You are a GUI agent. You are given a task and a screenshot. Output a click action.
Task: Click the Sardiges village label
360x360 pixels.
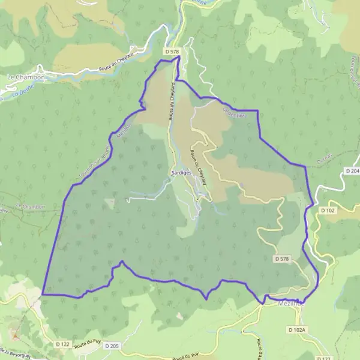click(181, 172)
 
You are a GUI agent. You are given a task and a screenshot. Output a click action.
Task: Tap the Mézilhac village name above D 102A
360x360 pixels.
click(293, 304)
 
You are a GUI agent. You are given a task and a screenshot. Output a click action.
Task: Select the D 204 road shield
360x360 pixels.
click(352, 172)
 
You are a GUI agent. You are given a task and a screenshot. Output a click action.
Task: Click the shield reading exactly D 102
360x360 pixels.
click(327, 211)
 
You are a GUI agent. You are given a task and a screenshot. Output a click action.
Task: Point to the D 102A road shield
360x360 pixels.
click(296, 330)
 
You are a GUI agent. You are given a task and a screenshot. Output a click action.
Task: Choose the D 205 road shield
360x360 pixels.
click(112, 346)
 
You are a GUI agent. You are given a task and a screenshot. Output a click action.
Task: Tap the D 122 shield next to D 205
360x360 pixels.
click(62, 344)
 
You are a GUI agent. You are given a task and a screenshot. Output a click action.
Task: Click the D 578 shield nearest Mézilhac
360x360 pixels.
click(281, 259)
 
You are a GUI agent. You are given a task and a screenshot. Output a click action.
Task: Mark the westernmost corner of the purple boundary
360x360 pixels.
click(43, 295)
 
